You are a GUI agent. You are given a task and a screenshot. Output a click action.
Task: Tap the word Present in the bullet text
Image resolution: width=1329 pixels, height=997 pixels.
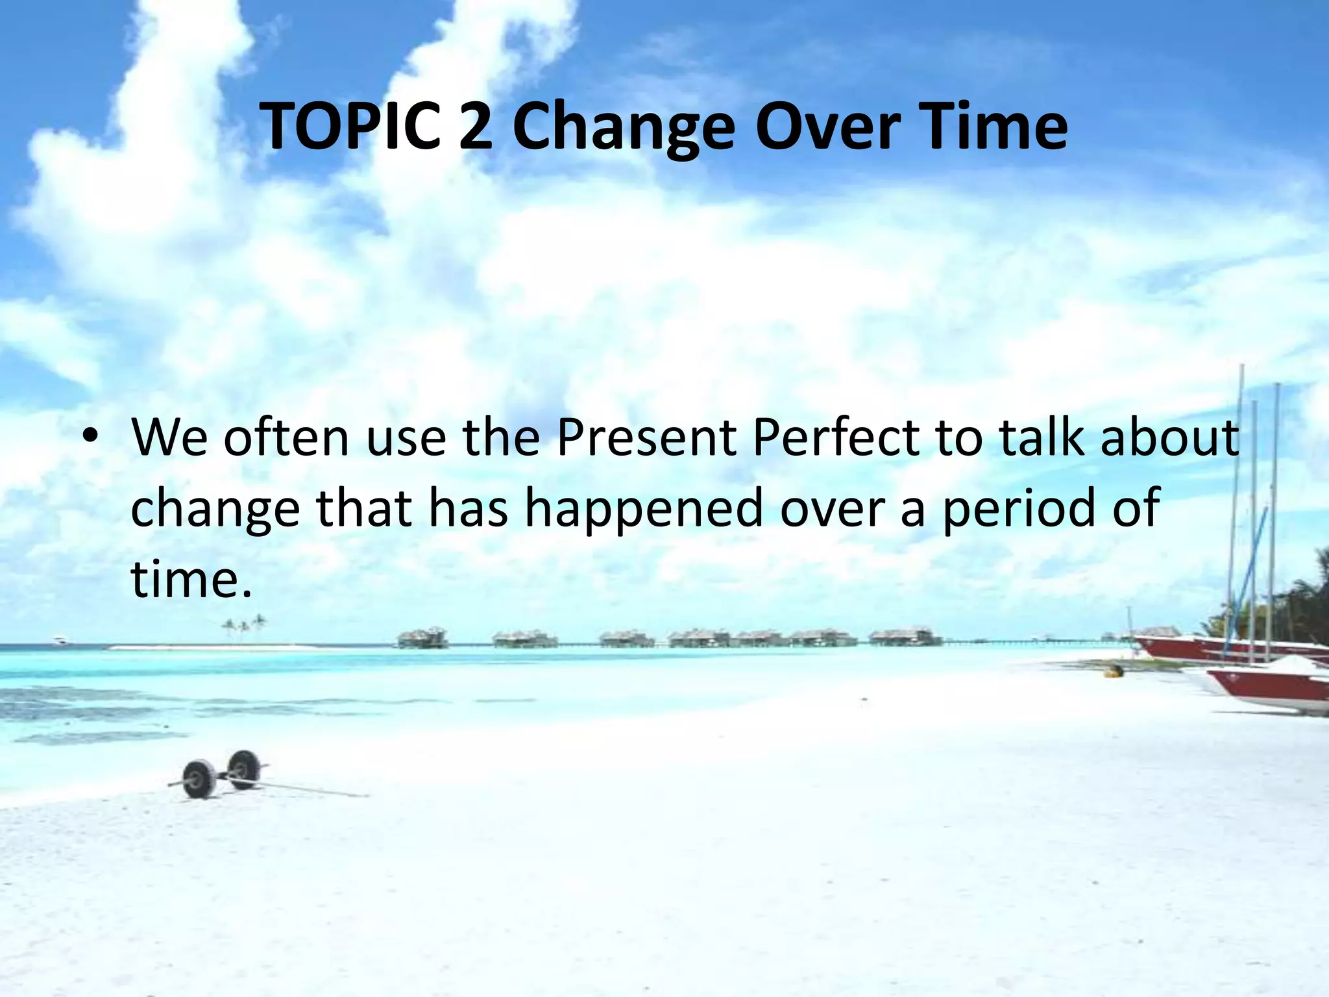tap(646, 437)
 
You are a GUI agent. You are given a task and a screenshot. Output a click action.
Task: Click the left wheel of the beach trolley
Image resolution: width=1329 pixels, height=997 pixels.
tap(199, 780)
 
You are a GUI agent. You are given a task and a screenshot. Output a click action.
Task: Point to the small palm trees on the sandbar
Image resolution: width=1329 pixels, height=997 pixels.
tap(244, 627)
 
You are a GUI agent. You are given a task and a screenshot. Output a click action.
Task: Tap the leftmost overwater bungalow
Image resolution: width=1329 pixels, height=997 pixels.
tap(422, 637)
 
